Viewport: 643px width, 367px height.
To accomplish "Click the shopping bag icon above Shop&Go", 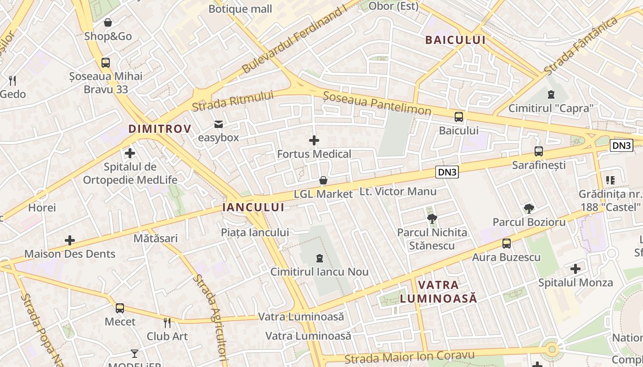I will pyautogui.click(x=108, y=22).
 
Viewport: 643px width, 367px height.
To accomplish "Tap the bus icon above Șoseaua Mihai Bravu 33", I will pyautogui.click(x=106, y=63).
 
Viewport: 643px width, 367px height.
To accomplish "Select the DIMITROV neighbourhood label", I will pyautogui.click(x=159, y=129).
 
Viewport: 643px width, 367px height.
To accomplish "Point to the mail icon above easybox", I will pyautogui.click(x=218, y=124).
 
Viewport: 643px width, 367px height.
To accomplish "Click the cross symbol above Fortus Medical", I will pyautogui.click(x=314, y=140).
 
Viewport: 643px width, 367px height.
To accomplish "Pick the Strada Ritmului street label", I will pyautogui.click(x=232, y=101).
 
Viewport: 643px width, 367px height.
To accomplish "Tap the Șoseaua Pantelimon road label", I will pyautogui.click(x=377, y=103).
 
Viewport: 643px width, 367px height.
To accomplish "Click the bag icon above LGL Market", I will pyautogui.click(x=323, y=180).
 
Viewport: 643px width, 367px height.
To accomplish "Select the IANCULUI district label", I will pyautogui.click(x=253, y=207).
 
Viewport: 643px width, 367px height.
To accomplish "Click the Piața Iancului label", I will pyautogui.click(x=255, y=232).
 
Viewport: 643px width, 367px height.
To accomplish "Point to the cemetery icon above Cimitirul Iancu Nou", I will pyautogui.click(x=320, y=258).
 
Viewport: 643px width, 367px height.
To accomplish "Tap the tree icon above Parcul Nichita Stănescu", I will pyautogui.click(x=432, y=218).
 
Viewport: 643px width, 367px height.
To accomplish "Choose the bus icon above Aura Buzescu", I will pyautogui.click(x=506, y=244).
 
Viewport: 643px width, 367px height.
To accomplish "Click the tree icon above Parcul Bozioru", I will pyautogui.click(x=529, y=209).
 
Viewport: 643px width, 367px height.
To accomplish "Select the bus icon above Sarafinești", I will pyautogui.click(x=539, y=151).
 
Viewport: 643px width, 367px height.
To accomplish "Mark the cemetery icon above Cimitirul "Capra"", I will pyautogui.click(x=551, y=95).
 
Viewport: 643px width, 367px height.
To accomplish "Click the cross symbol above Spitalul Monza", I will pyautogui.click(x=575, y=269).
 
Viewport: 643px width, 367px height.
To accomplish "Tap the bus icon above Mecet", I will pyautogui.click(x=120, y=308).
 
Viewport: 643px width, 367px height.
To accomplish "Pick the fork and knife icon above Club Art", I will pyautogui.click(x=167, y=323).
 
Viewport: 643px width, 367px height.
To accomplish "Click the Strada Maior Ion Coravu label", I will pyautogui.click(x=409, y=356).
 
